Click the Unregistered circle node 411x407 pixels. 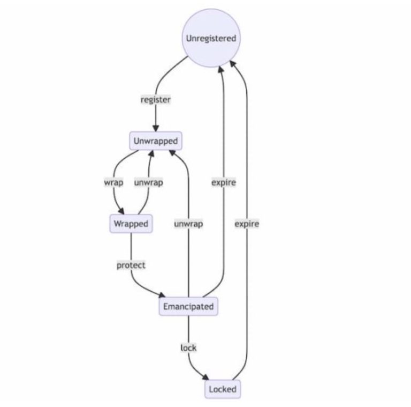pyautogui.click(x=210, y=39)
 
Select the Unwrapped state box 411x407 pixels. pyautogui.click(x=155, y=141)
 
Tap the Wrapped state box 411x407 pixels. pyautogui.click(x=131, y=224)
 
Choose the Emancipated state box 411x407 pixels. pyautogui.click(x=188, y=307)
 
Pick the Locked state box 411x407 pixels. pyautogui.click(x=222, y=389)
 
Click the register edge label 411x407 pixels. pyautogui.click(x=155, y=100)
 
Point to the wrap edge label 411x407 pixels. pyautogui.click(x=113, y=182)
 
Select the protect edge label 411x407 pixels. pyautogui.click(x=131, y=265)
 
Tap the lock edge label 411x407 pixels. pyautogui.click(x=188, y=348)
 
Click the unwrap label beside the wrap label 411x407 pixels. pyautogui.click(x=148, y=182)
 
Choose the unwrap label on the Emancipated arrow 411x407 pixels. pyautogui.click(x=188, y=224)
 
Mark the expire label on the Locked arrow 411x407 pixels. pyautogui.click(x=247, y=224)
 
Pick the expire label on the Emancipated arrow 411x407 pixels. pyautogui.click(x=223, y=182)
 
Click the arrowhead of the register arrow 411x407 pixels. pyautogui.click(x=155, y=129)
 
